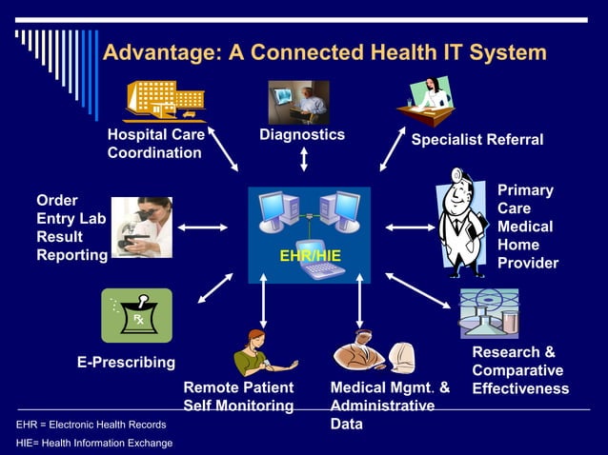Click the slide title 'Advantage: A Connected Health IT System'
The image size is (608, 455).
click(324, 51)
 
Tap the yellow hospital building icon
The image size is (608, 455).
click(164, 100)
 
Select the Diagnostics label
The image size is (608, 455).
click(302, 135)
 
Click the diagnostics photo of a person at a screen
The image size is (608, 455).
click(298, 102)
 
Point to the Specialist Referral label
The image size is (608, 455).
click(476, 140)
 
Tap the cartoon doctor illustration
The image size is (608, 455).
click(461, 226)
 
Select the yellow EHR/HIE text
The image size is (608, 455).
click(310, 257)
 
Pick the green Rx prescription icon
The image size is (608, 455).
click(136, 315)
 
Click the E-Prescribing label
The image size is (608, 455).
click(126, 362)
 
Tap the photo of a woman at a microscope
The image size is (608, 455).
click(141, 227)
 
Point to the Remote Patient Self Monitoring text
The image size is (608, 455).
click(238, 397)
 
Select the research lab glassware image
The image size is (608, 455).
click(489, 314)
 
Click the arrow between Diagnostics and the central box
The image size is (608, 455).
click(303, 158)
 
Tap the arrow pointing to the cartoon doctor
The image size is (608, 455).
click(408, 227)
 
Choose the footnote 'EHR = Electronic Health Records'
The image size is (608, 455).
click(91, 425)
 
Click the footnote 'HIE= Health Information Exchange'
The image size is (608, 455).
click(94, 443)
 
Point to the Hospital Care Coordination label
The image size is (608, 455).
click(155, 144)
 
